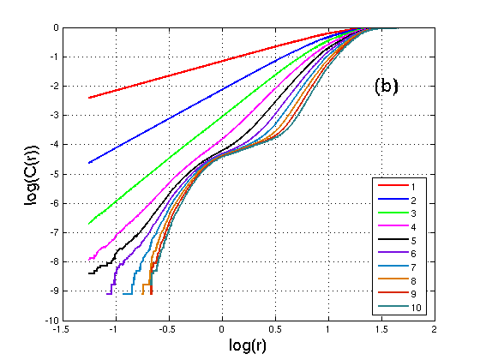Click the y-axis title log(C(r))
(32, 175)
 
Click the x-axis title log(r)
(248, 345)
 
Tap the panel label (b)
(387, 87)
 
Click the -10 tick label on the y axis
(52, 321)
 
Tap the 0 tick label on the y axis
(57, 27)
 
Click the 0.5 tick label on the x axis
(275, 329)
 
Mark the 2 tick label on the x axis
(435, 329)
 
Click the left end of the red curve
(89, 98)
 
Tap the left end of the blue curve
(89, 163)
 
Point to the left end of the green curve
(89, 224)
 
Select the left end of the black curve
(89, 273)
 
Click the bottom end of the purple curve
(107, 294)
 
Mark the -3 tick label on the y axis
(55, 116)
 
